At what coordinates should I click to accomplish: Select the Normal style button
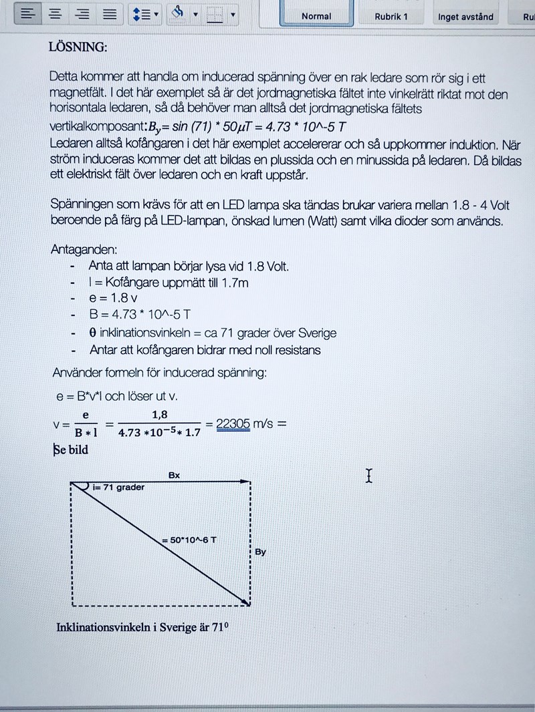tap(316, 16)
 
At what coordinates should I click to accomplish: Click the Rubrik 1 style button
tap(391, 16)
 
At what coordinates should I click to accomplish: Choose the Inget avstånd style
tap(465, 17)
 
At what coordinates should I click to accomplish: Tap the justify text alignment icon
tap(110, 14)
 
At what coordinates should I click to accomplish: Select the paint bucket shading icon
tap(178, 12)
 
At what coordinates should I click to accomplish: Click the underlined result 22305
tap(233, 423)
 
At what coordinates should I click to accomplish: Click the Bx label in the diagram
tap(174, 476)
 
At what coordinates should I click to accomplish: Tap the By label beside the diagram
tap(261, 552)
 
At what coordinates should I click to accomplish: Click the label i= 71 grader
tap(119, 488)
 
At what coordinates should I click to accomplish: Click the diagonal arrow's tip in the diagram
tap(249, 604)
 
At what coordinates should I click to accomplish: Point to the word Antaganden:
tap(84, 249)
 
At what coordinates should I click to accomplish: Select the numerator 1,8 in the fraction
tap(160, 415)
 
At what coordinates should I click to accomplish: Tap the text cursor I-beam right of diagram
tap(368, 476)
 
